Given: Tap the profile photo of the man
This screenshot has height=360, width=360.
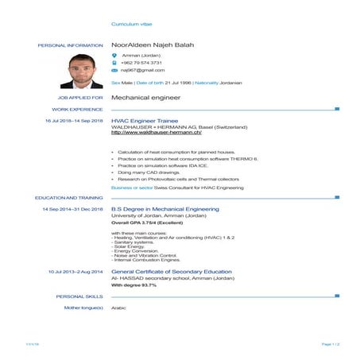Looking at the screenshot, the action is pos(82,71).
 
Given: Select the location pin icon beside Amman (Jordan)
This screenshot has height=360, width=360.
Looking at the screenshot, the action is pos(114,55).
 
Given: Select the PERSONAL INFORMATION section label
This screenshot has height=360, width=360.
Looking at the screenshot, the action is pos(70,45).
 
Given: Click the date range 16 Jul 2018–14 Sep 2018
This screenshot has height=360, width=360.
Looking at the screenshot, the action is pos(74,121).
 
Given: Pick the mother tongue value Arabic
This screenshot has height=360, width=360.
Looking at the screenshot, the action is pos(119,307).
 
